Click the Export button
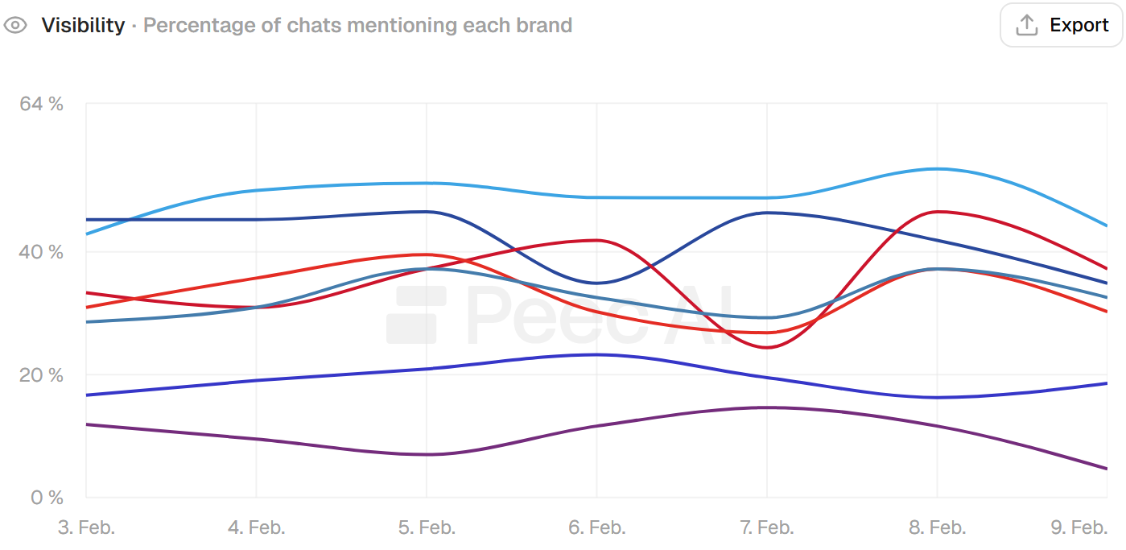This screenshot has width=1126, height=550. [1061, 25]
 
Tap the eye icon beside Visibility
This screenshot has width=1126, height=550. [15, 25]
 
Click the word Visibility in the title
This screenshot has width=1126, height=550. [83, 25]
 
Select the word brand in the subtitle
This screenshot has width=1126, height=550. [544, 25]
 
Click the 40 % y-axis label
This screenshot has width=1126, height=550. [41, 252]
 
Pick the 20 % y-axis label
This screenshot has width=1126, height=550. [41, 374]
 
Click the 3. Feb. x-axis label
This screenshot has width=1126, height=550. [86, 527]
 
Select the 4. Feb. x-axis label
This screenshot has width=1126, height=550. [256, 527]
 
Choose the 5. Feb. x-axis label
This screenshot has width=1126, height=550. [427, 527]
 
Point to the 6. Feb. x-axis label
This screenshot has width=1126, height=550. [596, 527]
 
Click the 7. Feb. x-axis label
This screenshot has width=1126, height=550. [766, 527]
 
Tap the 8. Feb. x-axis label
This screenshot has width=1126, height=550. [937, 527]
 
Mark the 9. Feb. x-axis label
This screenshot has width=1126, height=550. [1079, 527]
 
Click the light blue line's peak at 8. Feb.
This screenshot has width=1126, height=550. [937, 168]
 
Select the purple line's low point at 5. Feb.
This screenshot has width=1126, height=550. [427, 454]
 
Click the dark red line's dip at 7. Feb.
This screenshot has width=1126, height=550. [766, 347]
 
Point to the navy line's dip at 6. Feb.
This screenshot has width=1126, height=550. [596, 283]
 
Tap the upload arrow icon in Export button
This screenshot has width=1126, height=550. [1026, 25]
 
